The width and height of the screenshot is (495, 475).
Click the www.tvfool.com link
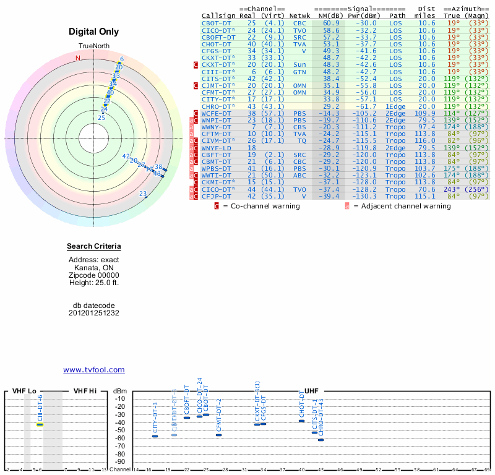tap(94, 370)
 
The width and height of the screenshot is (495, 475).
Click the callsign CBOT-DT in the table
tap(217, 23)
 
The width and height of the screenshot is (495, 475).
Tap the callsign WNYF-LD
tap(217, 148)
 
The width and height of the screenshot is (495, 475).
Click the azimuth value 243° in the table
tap(452, 189)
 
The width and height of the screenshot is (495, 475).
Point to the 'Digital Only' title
tap(94, 32)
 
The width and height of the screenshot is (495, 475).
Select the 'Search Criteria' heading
tap(94, 247)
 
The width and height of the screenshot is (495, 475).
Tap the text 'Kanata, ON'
tap(94, 268)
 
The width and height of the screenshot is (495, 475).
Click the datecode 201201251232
tap(94, 312)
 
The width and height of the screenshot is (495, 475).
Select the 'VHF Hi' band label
tap(85, 391)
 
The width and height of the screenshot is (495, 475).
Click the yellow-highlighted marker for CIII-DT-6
tap(40, 424)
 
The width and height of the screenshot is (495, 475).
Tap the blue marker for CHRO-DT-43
tap(321, 440)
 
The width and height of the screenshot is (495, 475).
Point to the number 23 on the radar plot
tap(143, 194)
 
